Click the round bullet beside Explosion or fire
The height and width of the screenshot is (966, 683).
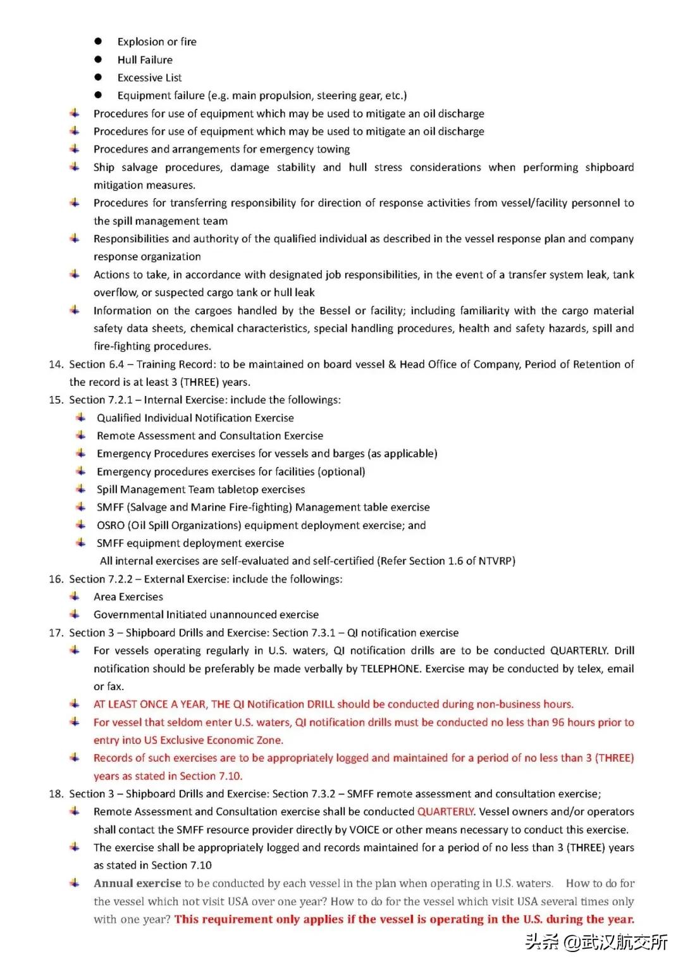pyautogui.click(x=98, y=42)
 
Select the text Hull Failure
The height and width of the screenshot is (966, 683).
pyautogui.click(x=145, y=60)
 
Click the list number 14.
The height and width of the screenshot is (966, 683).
pyautogui.click(x=56, y=364)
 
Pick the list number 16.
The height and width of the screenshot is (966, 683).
pyautogui.click(x=56, y=579)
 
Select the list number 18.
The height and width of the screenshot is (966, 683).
pyautogui.click(x=56, y=794)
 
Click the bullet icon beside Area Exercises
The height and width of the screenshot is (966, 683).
pyautogui.click(x=75, y=597)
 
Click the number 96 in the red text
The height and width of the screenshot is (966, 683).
pyautogui.click(x=558, y=722)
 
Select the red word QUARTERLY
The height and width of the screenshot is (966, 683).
pyautogui.click(x=445, y=812)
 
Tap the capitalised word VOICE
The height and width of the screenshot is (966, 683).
pyautogui.click(x=366, y=830)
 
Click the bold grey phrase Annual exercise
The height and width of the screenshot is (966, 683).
pyautogui.click(x=137, y=884)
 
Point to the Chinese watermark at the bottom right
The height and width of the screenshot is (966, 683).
pyautogui.click(x=596, y=942)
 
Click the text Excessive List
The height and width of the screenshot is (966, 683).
pyautogui.click(x=149, y=78)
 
